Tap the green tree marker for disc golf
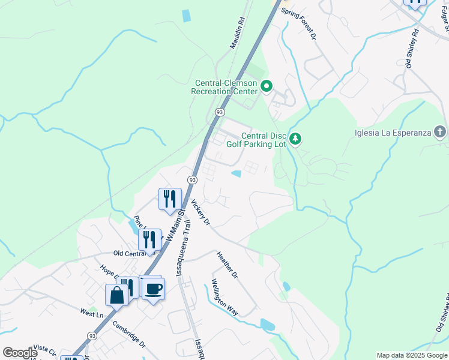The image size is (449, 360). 295,139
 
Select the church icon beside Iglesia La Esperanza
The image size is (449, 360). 440,132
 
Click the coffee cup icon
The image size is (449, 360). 154,289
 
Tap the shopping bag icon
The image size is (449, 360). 116,295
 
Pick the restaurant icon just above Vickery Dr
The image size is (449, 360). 170,199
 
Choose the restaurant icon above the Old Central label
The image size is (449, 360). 149,239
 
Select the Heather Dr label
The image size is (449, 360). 228,265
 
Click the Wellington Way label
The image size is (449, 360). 224,298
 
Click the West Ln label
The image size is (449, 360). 92,313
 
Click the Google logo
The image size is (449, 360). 20,353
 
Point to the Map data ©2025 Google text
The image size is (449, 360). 412,355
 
